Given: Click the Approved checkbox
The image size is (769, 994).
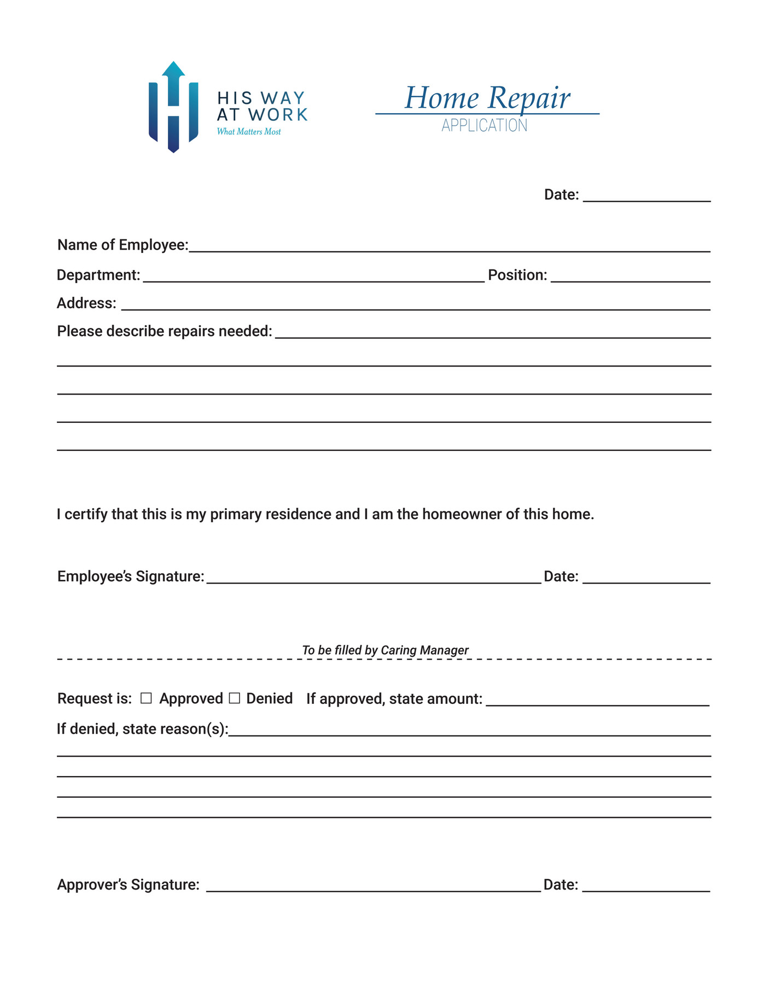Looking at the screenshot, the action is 146,698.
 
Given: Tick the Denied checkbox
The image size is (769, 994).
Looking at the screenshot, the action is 235,698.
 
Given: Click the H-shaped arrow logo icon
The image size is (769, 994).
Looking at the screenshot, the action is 173,107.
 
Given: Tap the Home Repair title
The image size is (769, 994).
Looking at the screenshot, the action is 487,98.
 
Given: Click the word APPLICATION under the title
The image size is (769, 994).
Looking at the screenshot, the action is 485,126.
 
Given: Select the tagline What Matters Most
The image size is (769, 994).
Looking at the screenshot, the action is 249,132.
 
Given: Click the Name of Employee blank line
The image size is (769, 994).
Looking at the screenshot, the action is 448,247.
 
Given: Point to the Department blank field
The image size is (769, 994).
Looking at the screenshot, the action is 313,277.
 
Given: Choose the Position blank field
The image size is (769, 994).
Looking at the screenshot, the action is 630,277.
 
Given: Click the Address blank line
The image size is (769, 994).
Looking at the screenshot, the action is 416,305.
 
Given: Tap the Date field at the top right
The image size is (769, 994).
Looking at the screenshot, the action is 646,197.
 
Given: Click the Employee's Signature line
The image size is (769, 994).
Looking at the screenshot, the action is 374,579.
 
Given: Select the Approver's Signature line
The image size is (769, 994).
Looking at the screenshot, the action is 373,886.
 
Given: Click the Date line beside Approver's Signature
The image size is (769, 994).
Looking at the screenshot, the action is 646,886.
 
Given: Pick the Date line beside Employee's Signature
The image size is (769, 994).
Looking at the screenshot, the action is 646,579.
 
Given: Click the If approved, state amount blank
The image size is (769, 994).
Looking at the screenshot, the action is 597,701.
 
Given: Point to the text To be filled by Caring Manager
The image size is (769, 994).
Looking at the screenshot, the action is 385,650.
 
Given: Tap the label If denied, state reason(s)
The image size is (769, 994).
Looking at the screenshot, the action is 143,729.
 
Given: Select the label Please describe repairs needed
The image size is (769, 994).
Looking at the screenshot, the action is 165,331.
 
